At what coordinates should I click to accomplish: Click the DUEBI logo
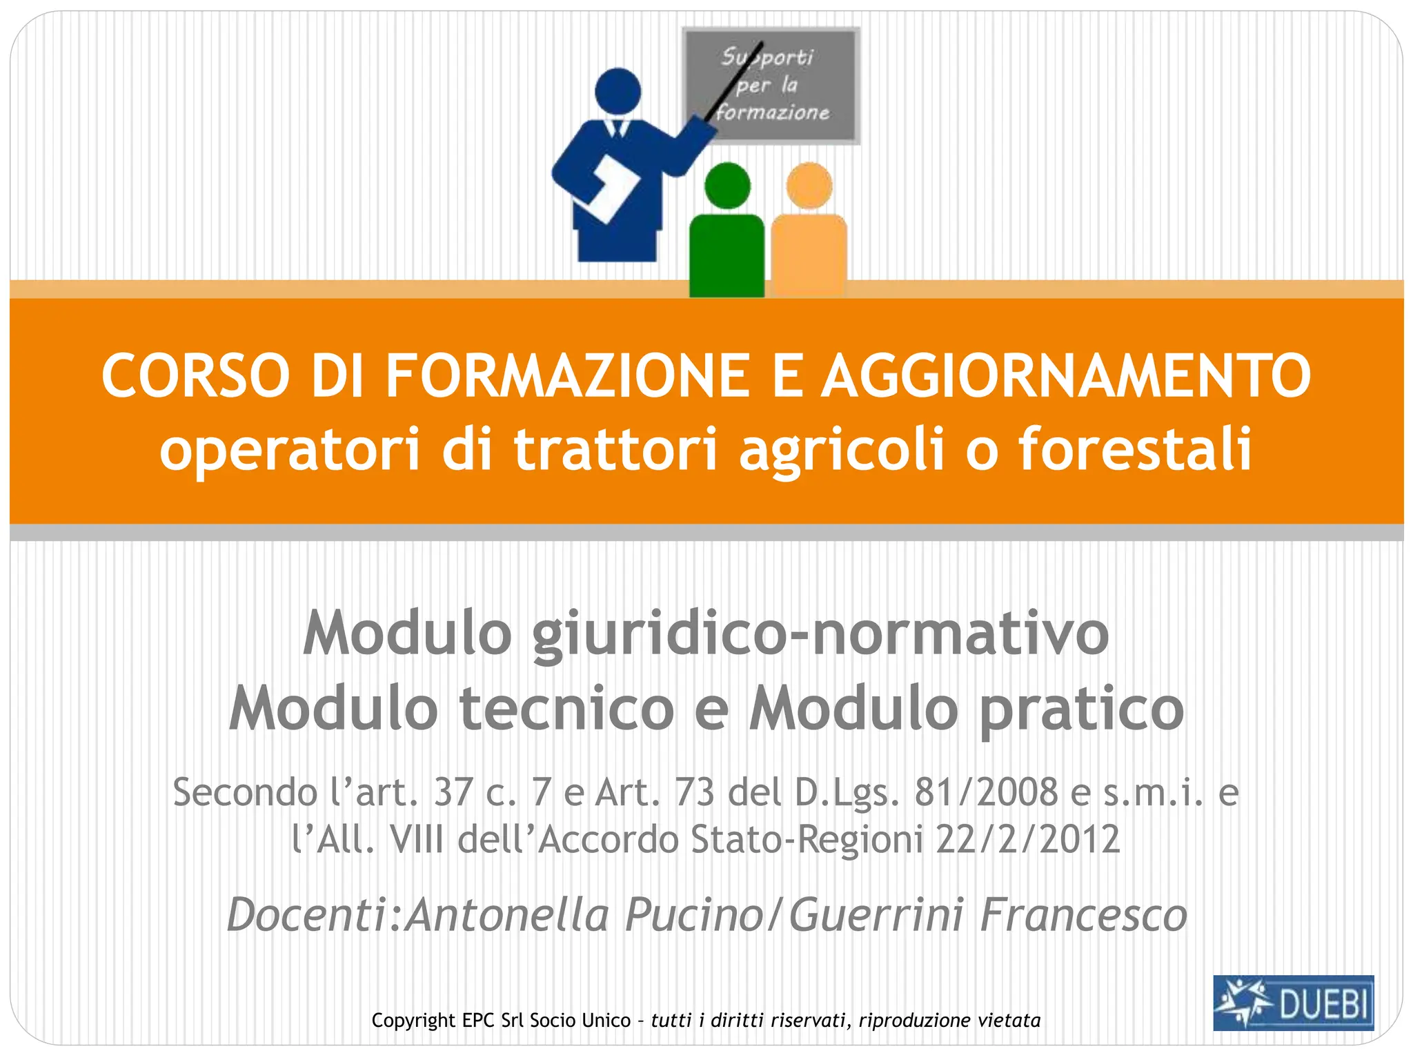1293,1003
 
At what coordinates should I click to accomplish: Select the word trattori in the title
615,449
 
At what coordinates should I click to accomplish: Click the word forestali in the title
1135,449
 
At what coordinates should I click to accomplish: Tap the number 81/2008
986,792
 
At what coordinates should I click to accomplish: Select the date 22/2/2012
1027,840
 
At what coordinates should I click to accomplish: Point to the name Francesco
1083,915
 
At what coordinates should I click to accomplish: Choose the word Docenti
306,915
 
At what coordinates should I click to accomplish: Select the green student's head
727,185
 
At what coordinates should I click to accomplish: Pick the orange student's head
809,185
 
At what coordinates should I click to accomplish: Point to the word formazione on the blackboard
773,112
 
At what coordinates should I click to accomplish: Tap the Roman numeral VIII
416,840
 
